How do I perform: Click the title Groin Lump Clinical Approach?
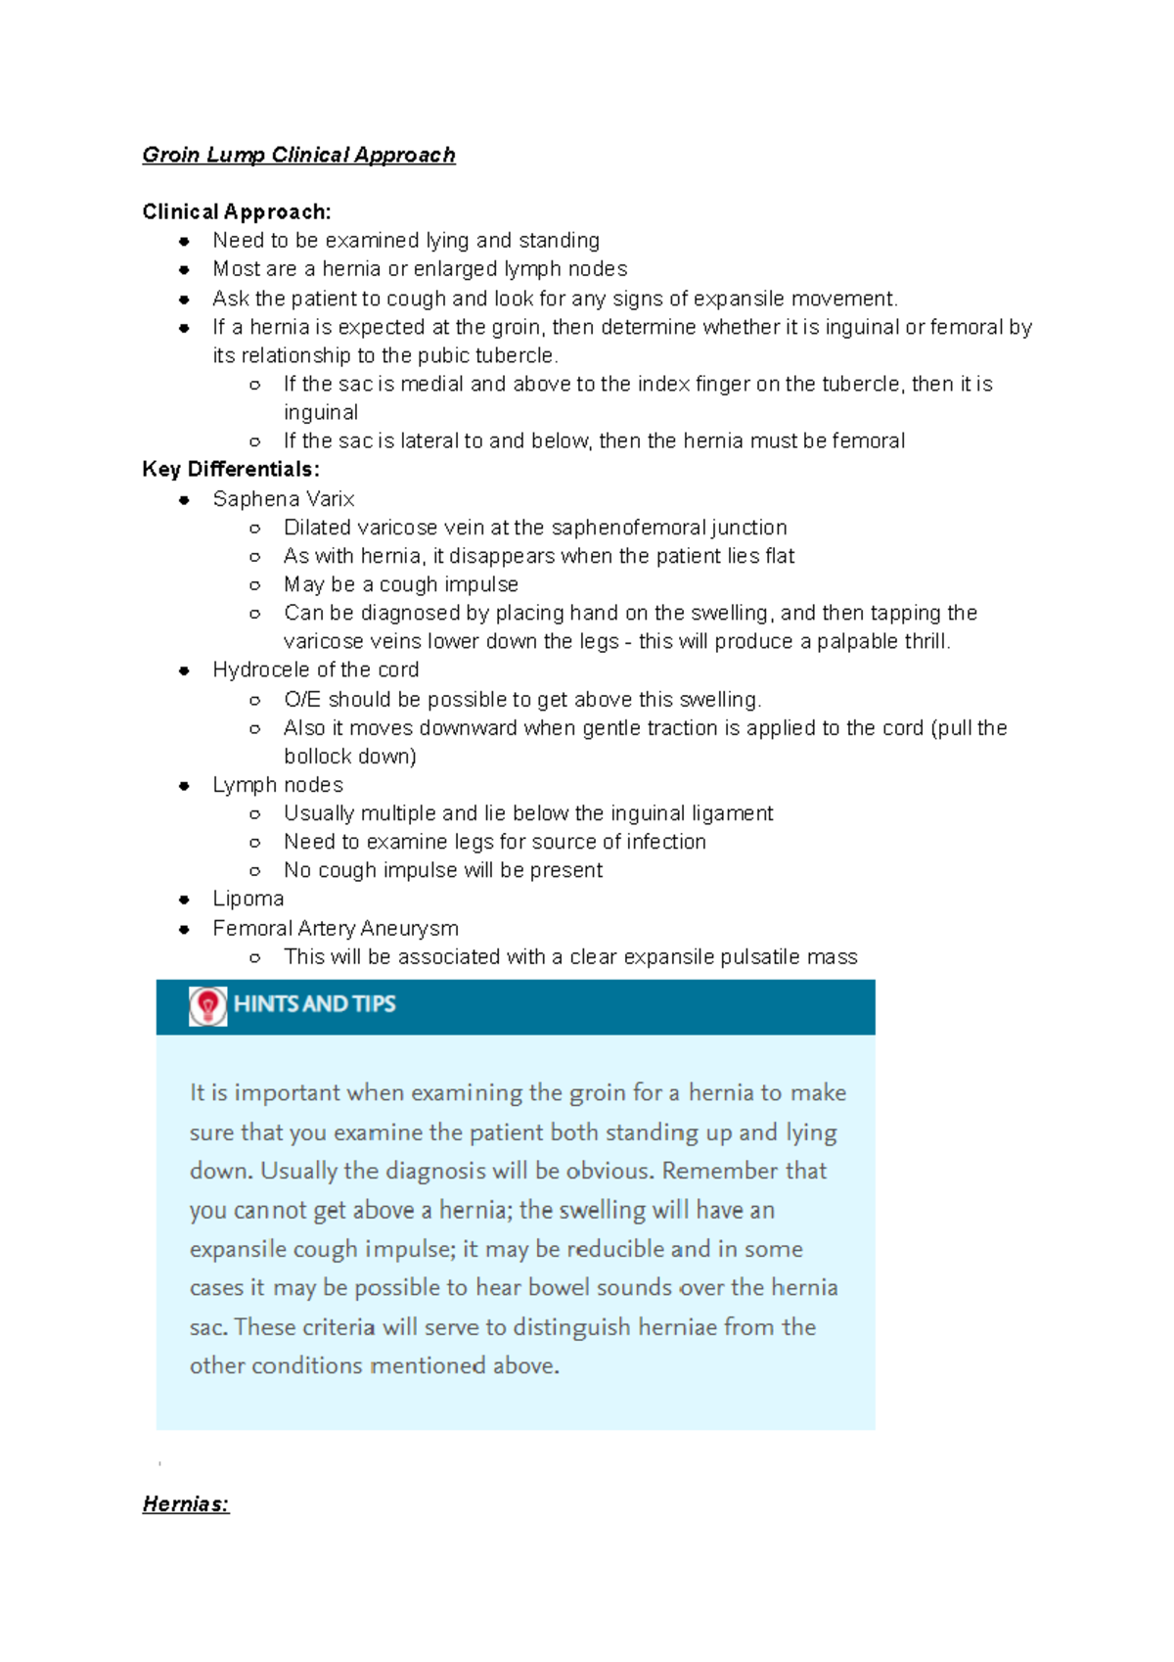298,155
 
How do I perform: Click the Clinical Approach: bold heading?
237,211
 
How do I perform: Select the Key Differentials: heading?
231,469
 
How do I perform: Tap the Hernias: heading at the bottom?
186,1503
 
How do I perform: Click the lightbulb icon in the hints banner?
207,1005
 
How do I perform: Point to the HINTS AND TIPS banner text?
314,1004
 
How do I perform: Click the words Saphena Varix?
284,499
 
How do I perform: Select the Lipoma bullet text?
248,899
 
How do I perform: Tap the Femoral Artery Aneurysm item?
336,928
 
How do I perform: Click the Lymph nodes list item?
278,785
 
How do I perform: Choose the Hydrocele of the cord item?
316,670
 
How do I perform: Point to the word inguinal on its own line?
321,412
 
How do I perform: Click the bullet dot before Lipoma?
184,900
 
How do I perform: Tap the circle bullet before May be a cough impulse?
254,585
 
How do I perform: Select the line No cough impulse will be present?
443,870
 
